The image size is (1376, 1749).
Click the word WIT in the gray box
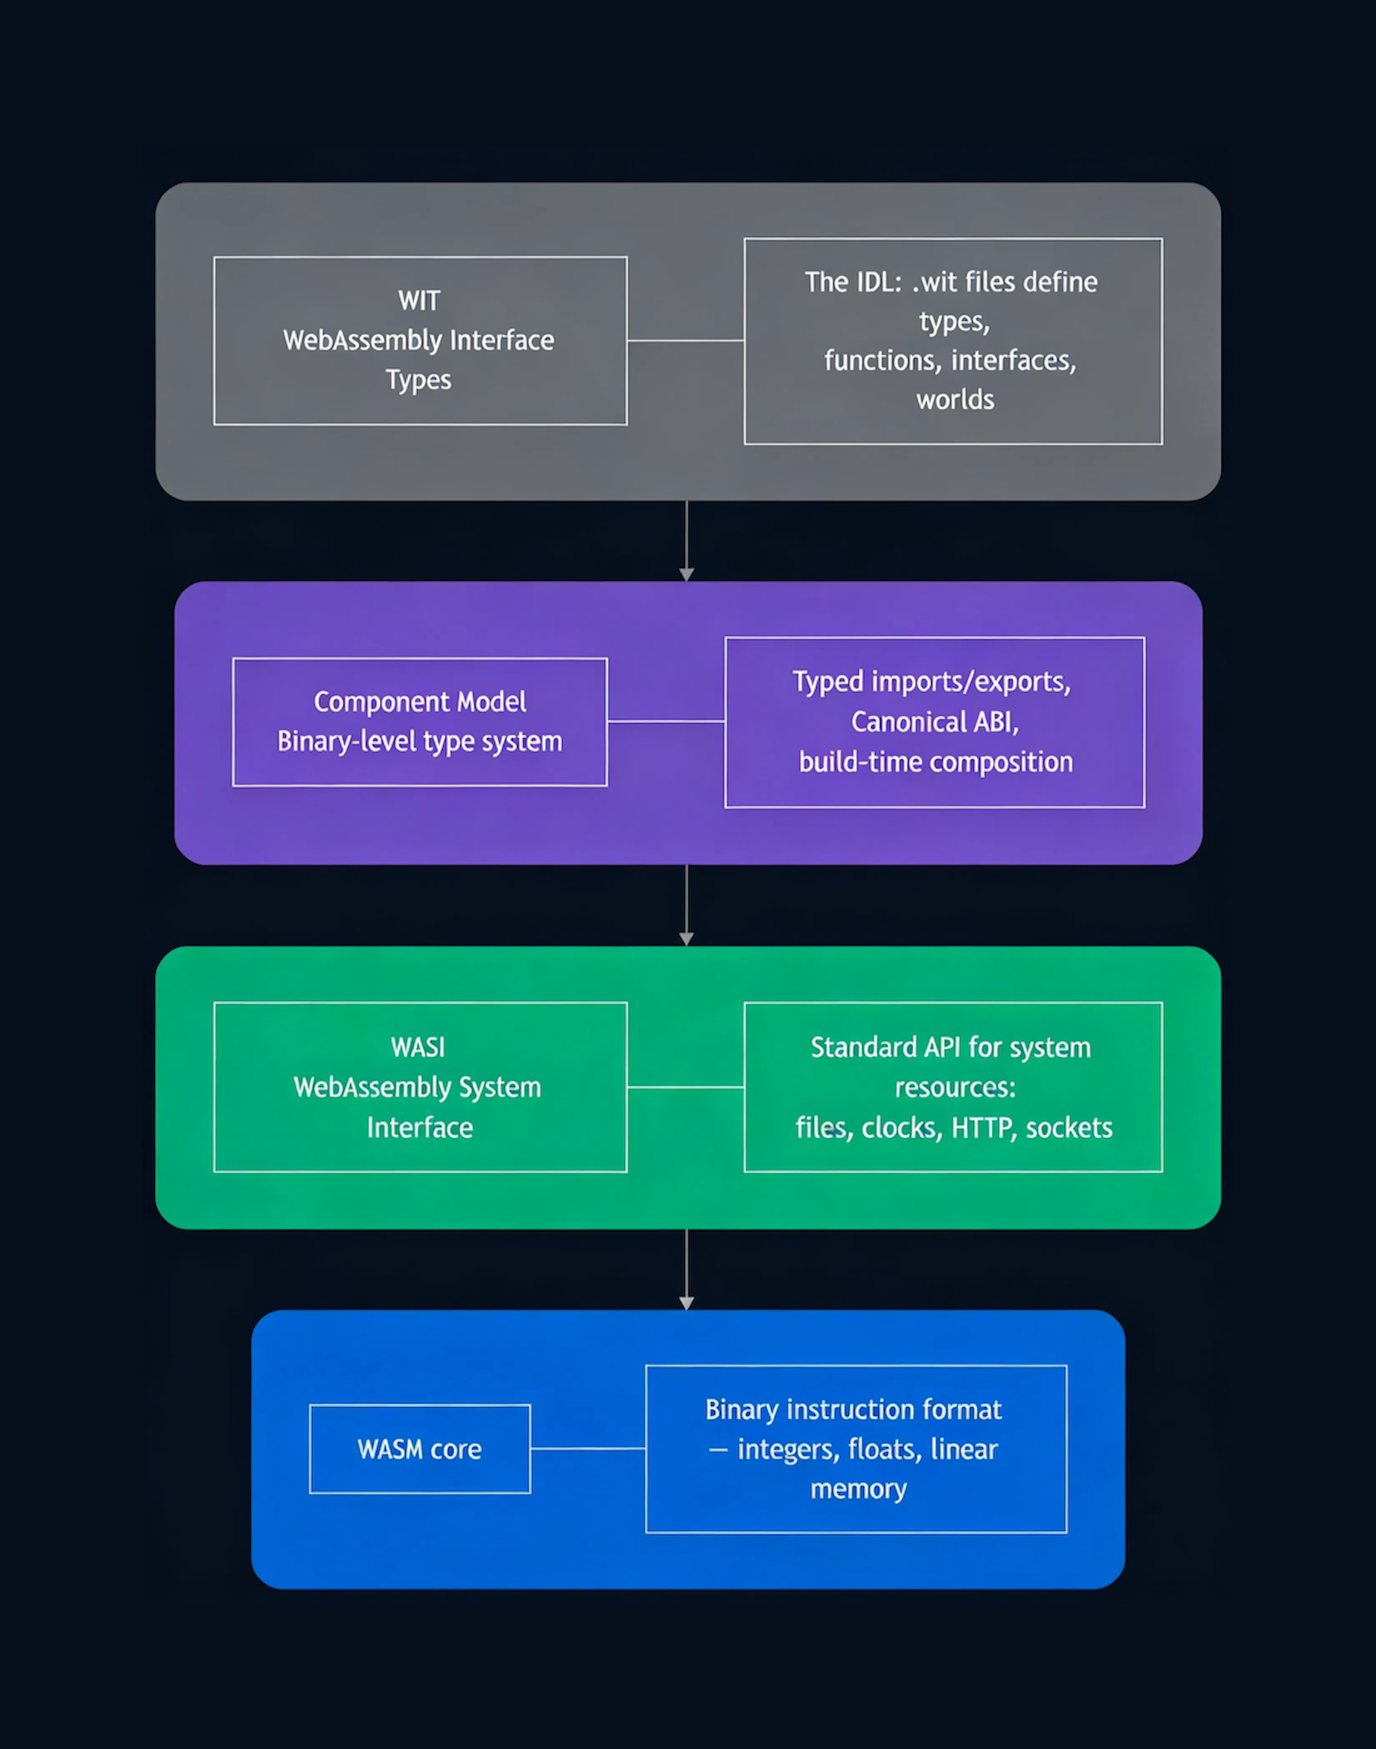tap(419, 300)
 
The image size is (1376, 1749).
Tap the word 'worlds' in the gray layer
tap(955, 399)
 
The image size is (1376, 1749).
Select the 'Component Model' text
tap(420, 701)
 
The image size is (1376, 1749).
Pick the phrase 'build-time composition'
tap(935, 762)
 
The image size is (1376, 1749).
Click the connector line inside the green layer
tap(685, 1087)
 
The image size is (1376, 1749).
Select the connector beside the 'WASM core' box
tap(588, 1449)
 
